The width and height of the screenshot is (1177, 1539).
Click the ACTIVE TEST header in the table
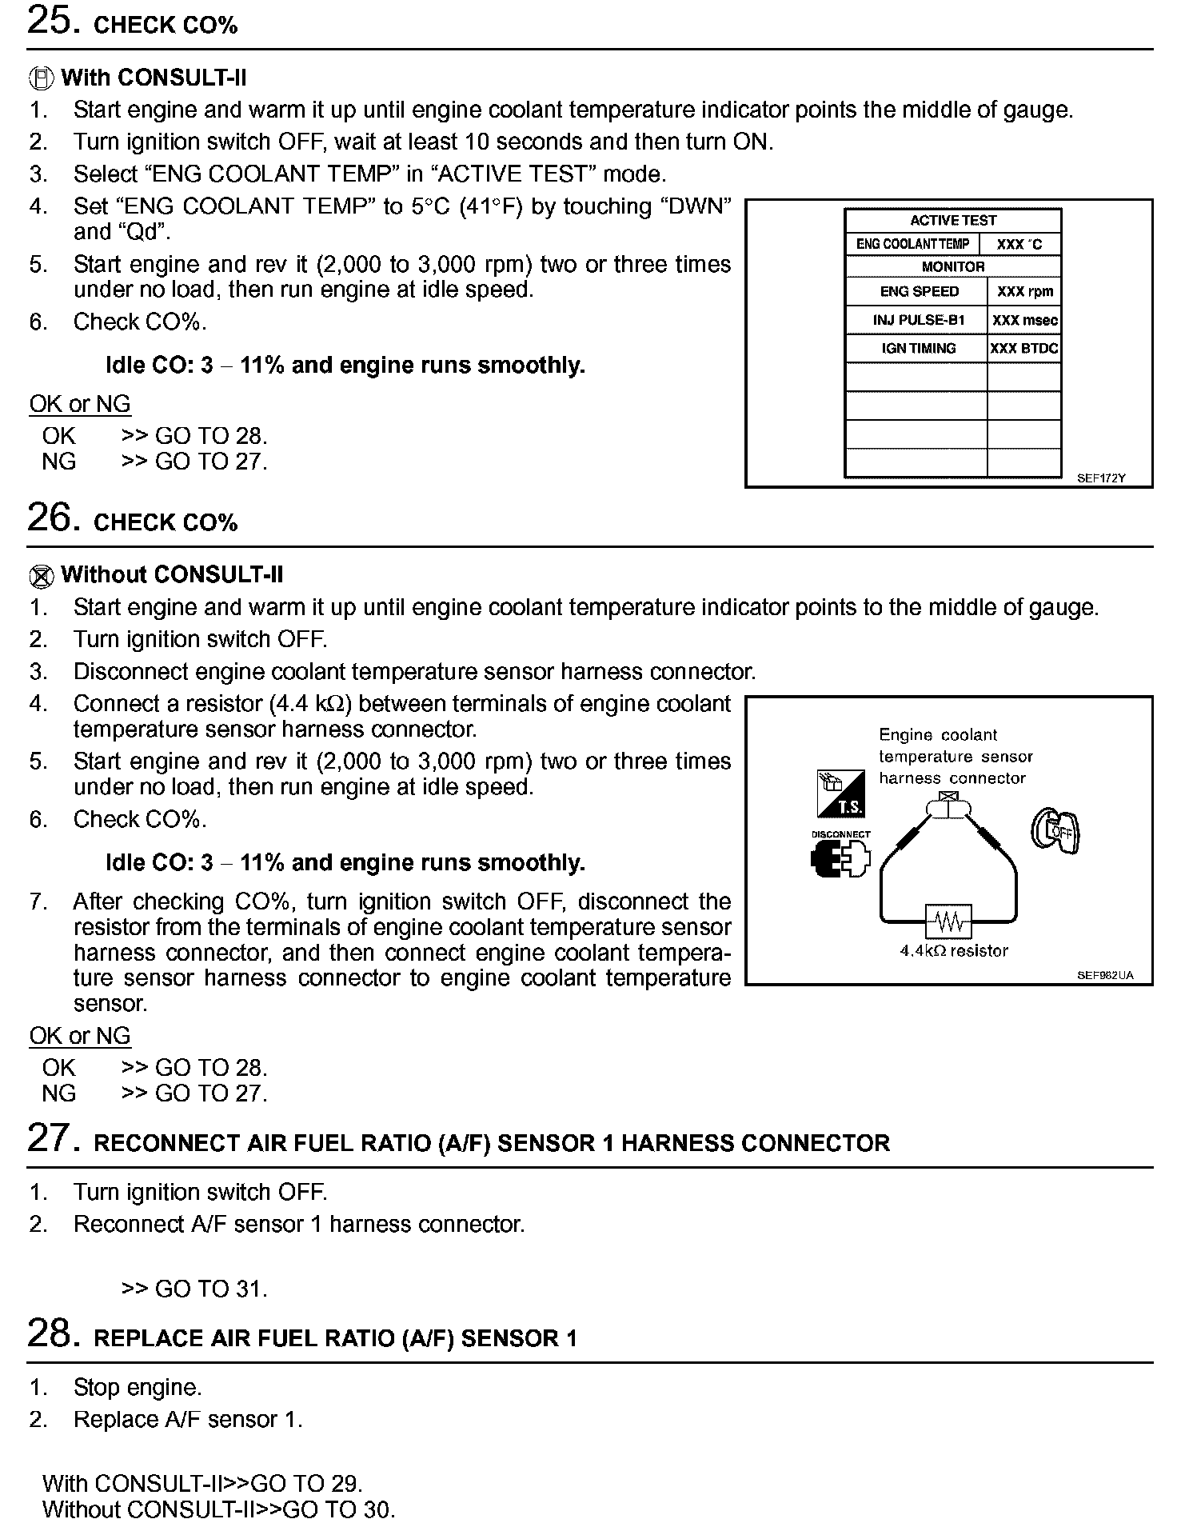tap(953, 220)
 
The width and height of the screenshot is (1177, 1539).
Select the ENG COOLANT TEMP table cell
tap(912, 244)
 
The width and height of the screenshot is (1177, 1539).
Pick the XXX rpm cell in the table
tap(1024, 292)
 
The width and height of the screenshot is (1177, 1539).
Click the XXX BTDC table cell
tap(1024, 349)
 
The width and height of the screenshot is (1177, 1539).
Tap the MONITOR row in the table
tap(953, 266)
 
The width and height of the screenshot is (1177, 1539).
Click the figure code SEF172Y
tap(1101, 478)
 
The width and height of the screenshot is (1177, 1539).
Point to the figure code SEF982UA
tap(1105, 975)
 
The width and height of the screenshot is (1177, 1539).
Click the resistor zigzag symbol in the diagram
tap(948, 922)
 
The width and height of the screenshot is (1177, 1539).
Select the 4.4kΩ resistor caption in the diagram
tap(954, 951)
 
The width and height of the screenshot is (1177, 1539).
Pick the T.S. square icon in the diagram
tap(840, 793)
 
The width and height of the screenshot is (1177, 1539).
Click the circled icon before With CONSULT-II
tap(42, 78)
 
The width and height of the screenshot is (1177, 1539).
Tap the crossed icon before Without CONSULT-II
tap(42, 576)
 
